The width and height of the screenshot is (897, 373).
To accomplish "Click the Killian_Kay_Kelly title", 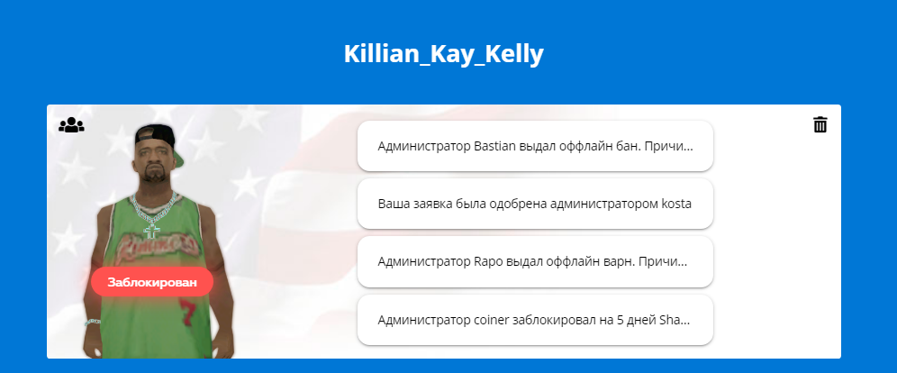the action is pyautogui.click(x=443, y=54).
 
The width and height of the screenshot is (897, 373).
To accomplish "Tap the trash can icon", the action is pyautogui.click(x=820, y=124).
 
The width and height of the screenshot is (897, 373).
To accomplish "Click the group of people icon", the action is pyautogui.click(x=71, y=124).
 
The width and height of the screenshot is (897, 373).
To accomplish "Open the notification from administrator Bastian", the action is pyautogui.click(x=535, y=146).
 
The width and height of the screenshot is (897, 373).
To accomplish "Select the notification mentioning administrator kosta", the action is pyautogui.click(x=535, y=204).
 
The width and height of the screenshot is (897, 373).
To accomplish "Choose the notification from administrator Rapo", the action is pyautogui.click(x=535, y=262).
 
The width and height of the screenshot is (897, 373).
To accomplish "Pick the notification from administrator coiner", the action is pyautogui.click(x=535, y=320).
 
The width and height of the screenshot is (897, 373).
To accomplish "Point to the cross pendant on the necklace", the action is pyautogui.click(x=151, y=231).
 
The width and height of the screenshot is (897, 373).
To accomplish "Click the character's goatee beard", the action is pyautogui.click(x=153, y=174).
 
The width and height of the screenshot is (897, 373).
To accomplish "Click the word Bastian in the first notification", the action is pyautogui.click(x=494, y=146).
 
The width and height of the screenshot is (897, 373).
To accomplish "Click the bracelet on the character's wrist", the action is pyautogui.click(x=93, y=323).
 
